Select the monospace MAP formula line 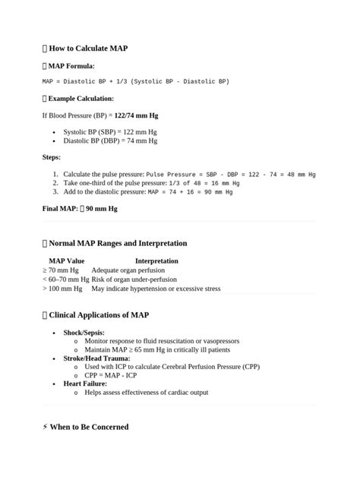pos(135,81)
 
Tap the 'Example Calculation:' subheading pos(81,99)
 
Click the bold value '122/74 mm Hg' pos(136,115)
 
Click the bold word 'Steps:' pos(52,157)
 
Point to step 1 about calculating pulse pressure pos(189,174)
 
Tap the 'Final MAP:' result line pos(80,208)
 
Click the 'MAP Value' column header pos(66,261)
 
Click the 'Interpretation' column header pos(156,261)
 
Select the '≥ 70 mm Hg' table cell pos(61,270)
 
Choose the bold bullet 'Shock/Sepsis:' pos(84,333)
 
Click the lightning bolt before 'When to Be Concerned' pos(46,427)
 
